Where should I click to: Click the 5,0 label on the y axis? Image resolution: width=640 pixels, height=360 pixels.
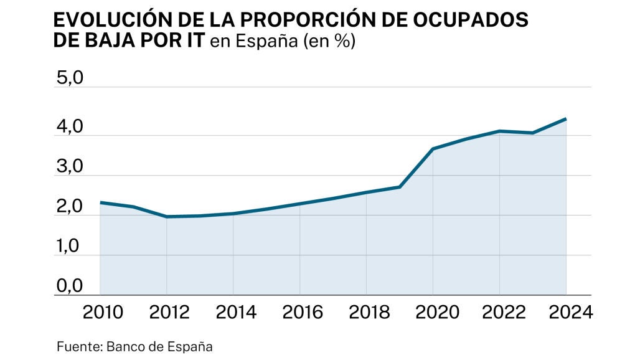[x=69, y=79]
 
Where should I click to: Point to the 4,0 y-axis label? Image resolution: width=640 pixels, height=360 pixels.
[x=69, y=127]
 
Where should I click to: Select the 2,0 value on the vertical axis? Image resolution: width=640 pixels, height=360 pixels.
[x=69, y=207]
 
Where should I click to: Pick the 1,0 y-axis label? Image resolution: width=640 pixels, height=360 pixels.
[x=69, y=247]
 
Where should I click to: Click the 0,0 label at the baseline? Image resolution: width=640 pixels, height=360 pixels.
[x=69, y=287]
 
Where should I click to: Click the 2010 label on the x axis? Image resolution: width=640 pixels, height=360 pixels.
[x=101, y=312]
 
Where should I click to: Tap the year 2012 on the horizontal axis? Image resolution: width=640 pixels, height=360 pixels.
[x=167, y=312]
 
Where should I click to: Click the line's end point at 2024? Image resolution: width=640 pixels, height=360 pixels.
[x=565, y=118]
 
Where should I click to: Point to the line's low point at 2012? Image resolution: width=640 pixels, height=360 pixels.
[x=167, y=217]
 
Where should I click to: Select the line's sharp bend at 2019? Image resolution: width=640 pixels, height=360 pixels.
[x=400, y=187]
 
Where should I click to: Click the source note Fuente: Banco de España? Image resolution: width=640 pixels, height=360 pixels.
[x=134, y=346]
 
